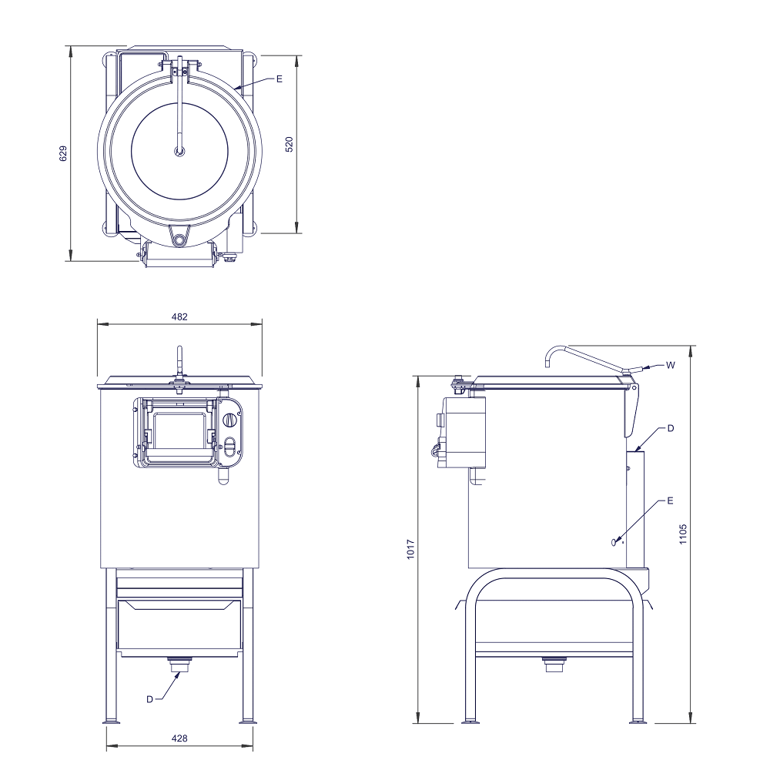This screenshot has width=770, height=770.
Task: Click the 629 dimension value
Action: click(63, 153)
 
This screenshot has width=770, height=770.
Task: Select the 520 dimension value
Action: click(290, 145)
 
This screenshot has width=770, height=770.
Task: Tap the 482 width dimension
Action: click(179, 316)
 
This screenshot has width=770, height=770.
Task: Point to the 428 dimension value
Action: click(179, 738)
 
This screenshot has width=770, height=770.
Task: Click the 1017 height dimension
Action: click(411, 549)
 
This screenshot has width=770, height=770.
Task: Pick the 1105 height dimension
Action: click(683, 534)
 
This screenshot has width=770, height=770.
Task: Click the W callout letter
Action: click(671, 365)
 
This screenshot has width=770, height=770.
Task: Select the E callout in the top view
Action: click(280, 79)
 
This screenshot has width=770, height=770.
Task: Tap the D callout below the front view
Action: click(150, 699)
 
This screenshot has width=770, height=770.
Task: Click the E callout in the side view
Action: click(670, 501)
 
